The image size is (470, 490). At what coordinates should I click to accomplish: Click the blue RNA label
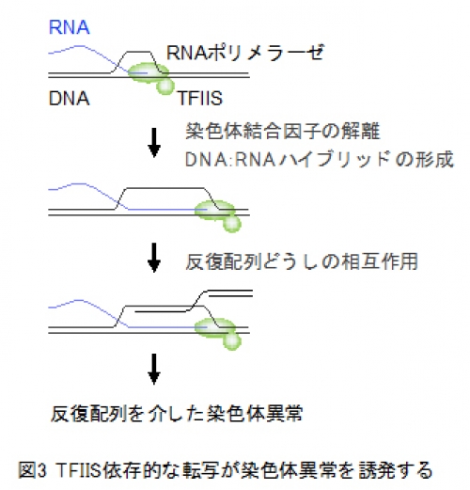70,27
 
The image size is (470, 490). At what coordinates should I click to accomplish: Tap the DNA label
70,98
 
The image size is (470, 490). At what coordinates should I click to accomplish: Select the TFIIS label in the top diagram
200,98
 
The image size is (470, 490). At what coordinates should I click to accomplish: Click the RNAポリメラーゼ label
245,53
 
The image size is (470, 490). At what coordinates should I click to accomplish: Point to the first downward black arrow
154,142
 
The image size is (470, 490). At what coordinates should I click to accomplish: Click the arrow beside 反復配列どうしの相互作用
154,258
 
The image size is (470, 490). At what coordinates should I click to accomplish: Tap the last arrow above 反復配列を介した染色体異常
154,369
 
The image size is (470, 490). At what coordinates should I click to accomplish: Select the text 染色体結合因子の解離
283,131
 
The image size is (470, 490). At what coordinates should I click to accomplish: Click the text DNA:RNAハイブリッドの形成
320,159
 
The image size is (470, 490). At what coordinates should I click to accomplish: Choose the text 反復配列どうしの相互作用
302,261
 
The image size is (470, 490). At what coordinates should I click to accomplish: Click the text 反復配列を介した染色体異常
177,414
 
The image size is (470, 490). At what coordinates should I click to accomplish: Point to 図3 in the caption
32,470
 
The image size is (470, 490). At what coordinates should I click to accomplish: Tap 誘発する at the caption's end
396,470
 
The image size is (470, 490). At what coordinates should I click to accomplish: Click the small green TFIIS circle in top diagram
165,86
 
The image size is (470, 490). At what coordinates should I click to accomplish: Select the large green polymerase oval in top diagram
149,72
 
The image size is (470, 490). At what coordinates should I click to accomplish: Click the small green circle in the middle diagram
232,223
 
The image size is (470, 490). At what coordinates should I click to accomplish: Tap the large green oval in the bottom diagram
215,328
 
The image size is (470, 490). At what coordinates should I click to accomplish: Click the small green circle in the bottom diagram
232,341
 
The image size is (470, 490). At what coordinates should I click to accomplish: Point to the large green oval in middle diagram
215,211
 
